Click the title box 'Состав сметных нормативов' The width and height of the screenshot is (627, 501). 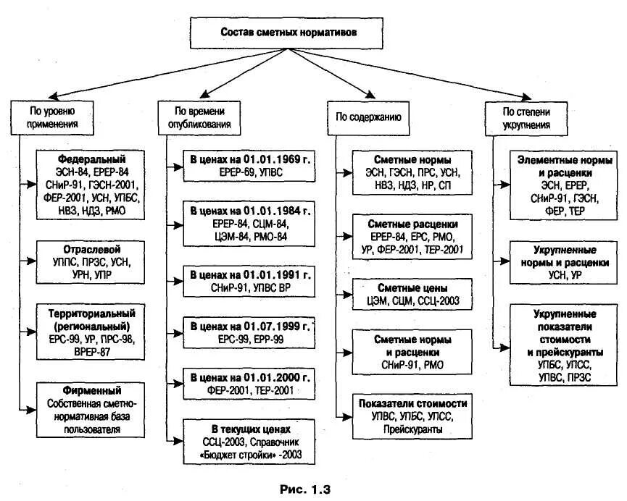click(x=286, y=33)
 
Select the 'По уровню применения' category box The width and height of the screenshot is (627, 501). click(x=52, y=117)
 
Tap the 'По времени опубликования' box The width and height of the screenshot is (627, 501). click(x=199, y=117)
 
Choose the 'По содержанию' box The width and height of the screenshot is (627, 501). click(x=368, y=117)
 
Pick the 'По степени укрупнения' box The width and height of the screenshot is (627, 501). click(x=526, y=118)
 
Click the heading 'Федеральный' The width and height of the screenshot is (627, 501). click(x=91, y=159)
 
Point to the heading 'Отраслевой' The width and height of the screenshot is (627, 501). click(x=91, y=249)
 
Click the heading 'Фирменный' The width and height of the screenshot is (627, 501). click(x=91, y=390)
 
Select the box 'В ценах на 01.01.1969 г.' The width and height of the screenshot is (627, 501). click(x=249, y=166)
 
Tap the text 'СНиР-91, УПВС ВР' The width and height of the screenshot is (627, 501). click(x=250, y=287)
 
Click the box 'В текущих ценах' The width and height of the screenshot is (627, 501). click(x=249, y=442)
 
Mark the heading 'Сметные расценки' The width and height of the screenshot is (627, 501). click(x=412, y=224)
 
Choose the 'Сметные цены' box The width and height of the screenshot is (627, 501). click(x=412, y=295)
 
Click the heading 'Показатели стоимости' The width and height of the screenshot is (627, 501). click(x=412, y=403)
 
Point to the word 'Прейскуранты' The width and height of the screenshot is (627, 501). click(x=412, y=429)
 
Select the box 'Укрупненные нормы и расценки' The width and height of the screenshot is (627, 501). click(x=563, y=262)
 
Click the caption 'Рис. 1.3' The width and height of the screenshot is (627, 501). click(x=304, y=489)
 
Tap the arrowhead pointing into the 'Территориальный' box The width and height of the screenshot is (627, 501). click(x=32, y=332)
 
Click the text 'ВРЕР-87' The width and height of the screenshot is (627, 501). click(x=91, y=352)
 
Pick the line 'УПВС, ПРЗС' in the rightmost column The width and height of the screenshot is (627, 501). click(x=565, y=377)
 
